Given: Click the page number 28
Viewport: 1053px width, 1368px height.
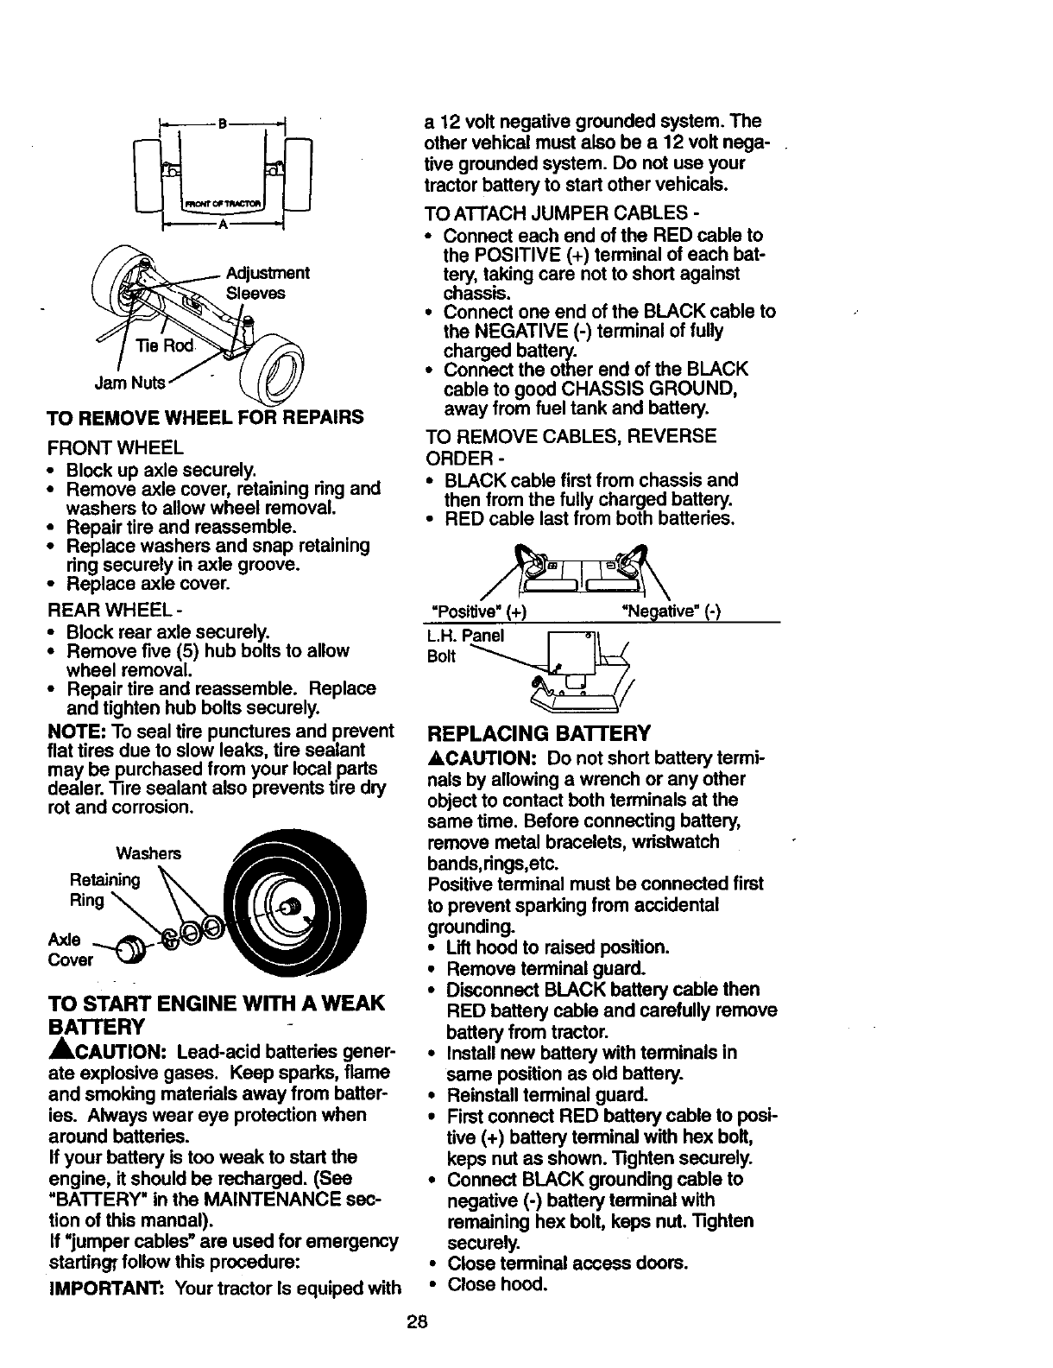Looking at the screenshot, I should click(419, 1322).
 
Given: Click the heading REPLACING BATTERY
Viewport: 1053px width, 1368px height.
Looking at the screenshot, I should click(539, 734).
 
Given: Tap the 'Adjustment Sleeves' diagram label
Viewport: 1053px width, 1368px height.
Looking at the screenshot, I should click(267, 283).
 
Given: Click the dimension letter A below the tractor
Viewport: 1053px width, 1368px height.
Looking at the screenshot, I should click(222, 224).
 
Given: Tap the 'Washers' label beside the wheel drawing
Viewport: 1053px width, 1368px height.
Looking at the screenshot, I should click(148, 853).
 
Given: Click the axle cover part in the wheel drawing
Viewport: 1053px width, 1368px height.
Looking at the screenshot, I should click(130, 949).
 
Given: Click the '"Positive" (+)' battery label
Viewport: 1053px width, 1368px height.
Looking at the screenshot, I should click(478, 612).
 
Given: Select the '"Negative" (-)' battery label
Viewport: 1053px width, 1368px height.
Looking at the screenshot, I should click(671, 612).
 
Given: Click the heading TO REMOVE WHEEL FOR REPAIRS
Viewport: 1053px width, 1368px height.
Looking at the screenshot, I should click(205, 417).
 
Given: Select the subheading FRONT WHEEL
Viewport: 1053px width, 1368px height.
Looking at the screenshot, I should click(115, 448).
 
